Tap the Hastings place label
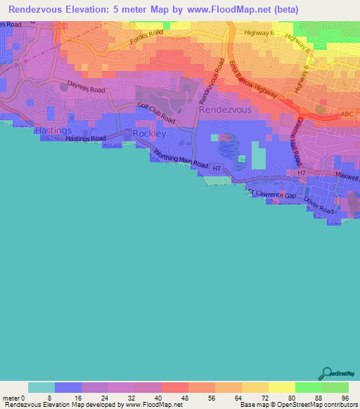click(x=53, y=131)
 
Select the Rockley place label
click(x=148, y=134)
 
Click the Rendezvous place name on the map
click(x=224, y=110)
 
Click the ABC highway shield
click(x=346, y=113)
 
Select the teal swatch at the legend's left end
click(x=41, y=387)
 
